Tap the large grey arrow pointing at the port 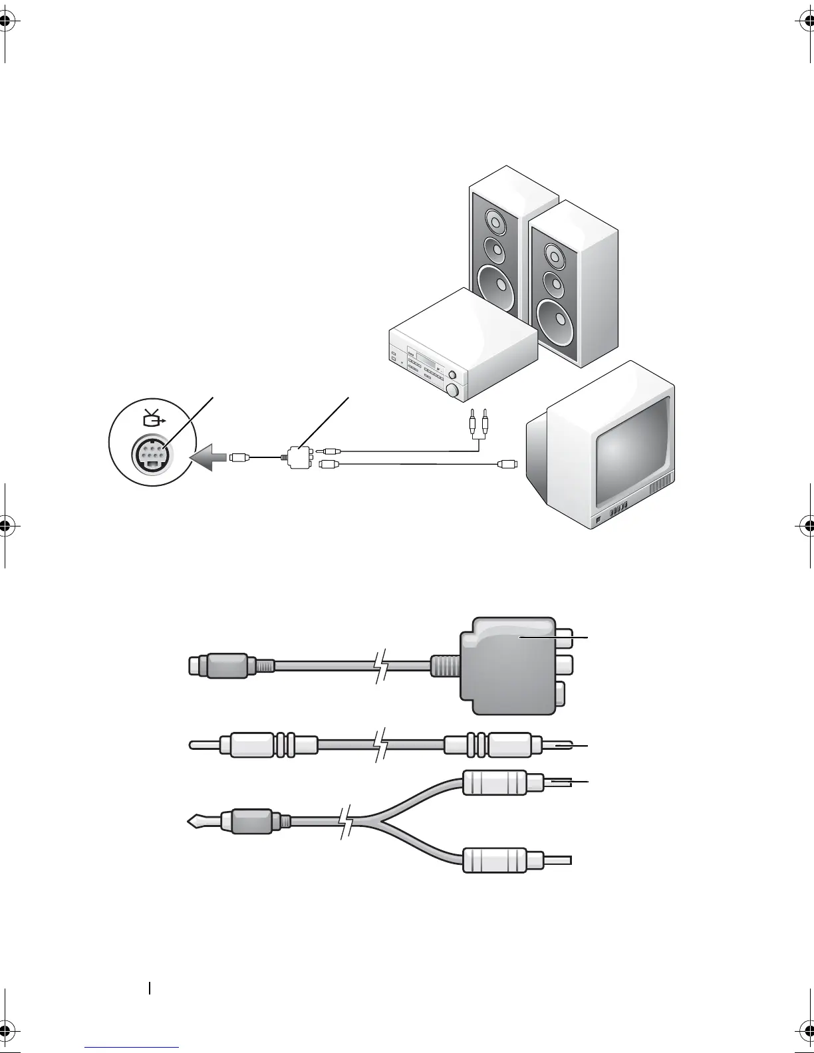208,457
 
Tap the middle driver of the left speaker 493,249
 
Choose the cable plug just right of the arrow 239,457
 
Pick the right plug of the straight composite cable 509,745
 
